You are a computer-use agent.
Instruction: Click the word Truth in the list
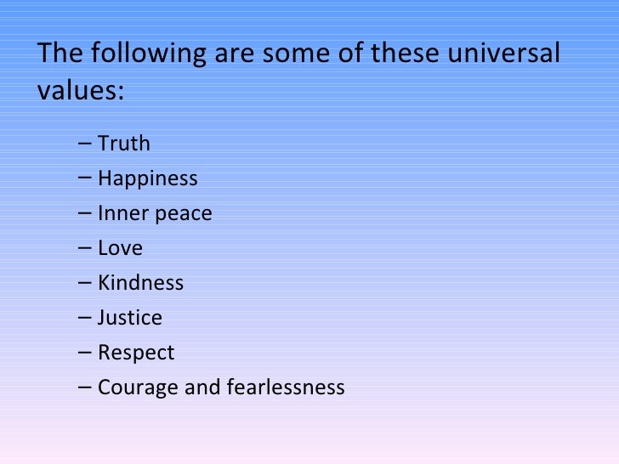pyautogui.click(x=123, y=144)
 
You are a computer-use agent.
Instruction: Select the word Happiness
pyautogui.click(x=147, y=178)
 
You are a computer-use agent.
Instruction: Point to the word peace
pyautogui.click(x=182, y=214)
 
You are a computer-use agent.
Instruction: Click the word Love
pyautogui.click(x=120, y=248)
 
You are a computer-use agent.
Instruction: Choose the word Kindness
pyautogui.click(x=140, y=283)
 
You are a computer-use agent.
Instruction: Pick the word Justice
pyautogui.click(x=129, y=318)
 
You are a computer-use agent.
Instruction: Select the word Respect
pyautogui.click(x=135, y=353)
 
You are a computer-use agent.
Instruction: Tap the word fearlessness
pyautogui.click(x=286, y=388)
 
